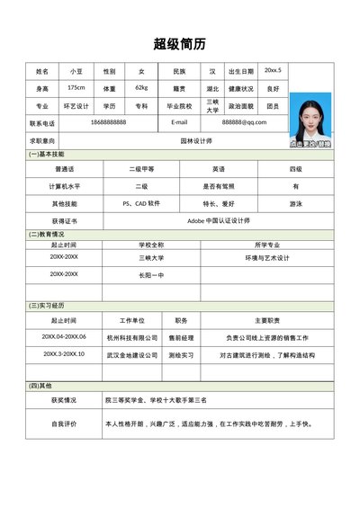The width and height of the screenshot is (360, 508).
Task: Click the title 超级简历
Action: click(180, 43)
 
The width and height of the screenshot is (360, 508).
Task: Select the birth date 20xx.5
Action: click(273, 70)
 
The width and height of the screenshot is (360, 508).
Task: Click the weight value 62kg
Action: click(141, 88)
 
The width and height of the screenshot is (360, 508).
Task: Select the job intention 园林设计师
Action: click(196, 141)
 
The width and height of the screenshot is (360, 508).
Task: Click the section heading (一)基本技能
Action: click(47, 156)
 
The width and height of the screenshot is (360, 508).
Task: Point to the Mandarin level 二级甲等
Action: click(141, 169)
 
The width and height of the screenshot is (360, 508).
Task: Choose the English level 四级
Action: click(295, 169)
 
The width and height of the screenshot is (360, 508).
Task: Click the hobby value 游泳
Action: click(295, 203)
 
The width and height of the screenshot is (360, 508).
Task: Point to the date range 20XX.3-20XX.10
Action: click(63, 354)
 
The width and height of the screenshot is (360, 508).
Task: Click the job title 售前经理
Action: click(182, 337)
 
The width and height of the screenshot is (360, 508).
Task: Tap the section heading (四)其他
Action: click(42, 385)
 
